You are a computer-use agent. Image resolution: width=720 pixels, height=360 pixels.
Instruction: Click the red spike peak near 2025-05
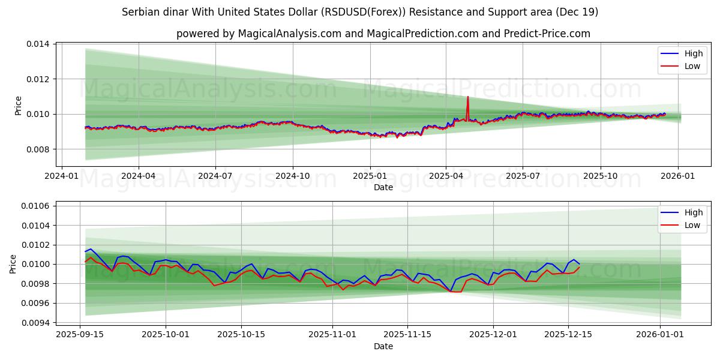point(467,97)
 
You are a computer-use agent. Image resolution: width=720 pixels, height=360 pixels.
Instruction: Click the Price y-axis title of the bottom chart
point(13,264)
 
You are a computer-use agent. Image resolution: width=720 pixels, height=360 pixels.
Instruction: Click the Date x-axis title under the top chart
point(383,187)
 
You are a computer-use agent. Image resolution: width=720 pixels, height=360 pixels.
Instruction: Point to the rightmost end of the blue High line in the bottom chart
point(580,264)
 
